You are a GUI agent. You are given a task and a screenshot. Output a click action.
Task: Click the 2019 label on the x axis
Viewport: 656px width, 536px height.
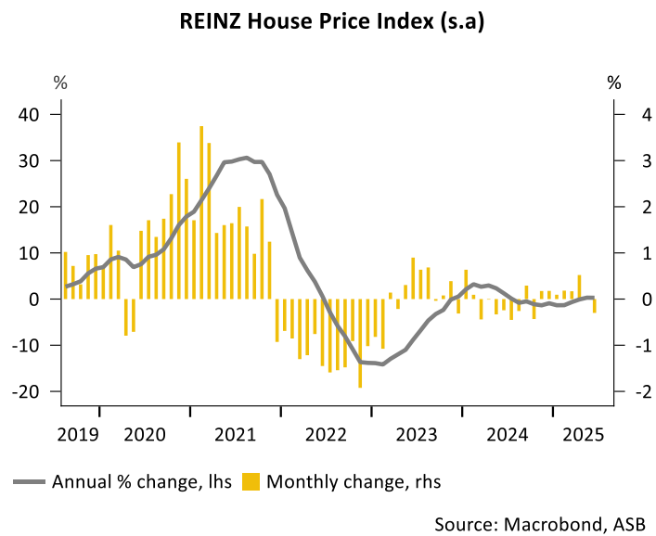coord(78,434)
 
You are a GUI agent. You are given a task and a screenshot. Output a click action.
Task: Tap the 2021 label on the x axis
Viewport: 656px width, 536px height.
coord(237,434)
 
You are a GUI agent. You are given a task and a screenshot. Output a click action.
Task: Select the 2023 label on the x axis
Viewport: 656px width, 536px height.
coord(418,434)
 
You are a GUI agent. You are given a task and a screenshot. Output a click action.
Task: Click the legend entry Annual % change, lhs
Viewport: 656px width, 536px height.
coord(142,481)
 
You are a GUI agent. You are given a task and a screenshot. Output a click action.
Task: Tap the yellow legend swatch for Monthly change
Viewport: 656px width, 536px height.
coord(251,481)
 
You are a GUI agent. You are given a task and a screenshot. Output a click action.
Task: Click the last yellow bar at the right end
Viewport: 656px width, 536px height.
coord(595,305)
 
